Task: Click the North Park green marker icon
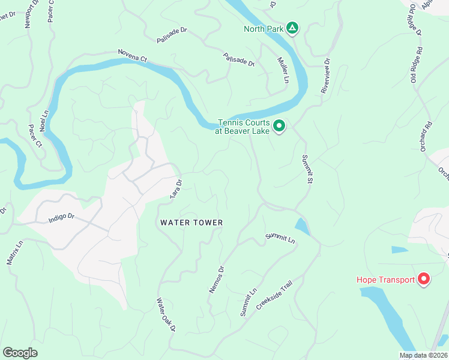[x=292, y=28]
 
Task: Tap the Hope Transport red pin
[x=424, y=279]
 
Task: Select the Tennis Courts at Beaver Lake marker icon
[x=279, y=125]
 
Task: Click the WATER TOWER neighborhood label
[x=191, y=223]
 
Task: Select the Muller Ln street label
[x=283, y=70]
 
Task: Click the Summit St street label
[x=310, y=169]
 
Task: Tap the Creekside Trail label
[x=274, y=298]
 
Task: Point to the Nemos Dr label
[x=216, y=279]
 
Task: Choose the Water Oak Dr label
[x=166, y=315]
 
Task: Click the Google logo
[x=20, y=352]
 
